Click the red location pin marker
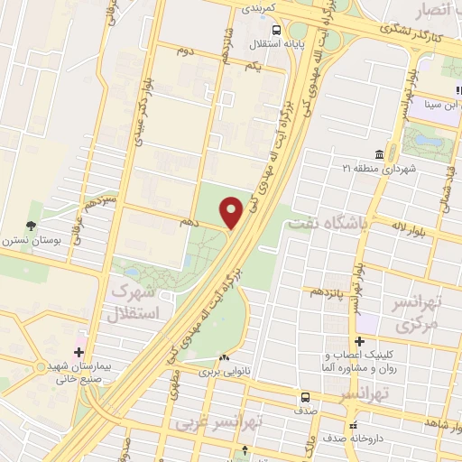click(x=232, y=212)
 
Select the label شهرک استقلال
click(x=144, y=304)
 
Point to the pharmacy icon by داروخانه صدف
click(x=353, y=424)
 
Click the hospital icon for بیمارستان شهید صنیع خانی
click(x=79, y=351)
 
